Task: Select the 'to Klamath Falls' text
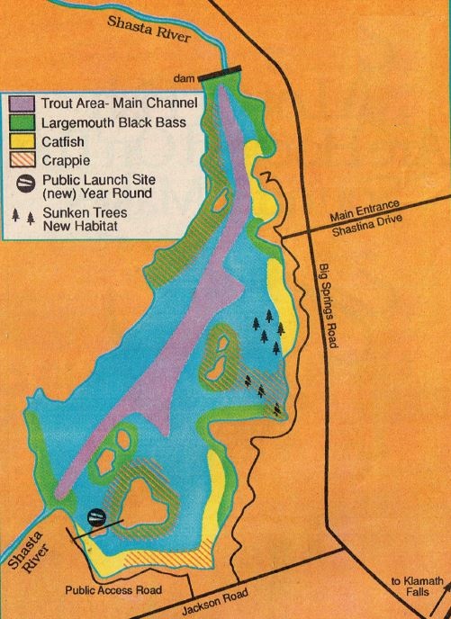(419, 589)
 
